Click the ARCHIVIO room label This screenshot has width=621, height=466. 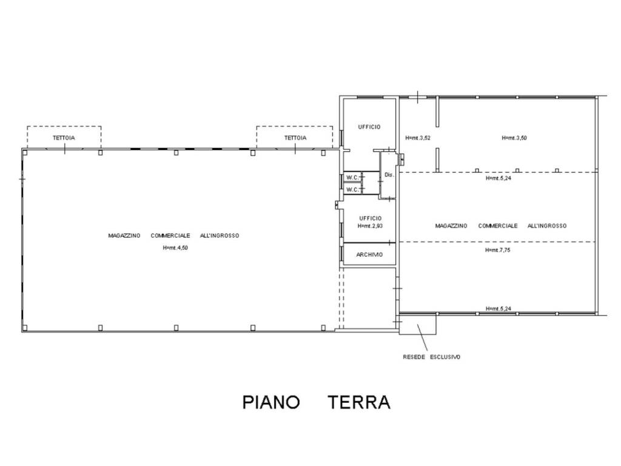point(369,255)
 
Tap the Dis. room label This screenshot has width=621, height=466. point(389,175)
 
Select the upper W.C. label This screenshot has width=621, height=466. point(352,177)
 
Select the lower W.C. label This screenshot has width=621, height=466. point(352,189)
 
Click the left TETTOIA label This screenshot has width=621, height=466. point(64,138)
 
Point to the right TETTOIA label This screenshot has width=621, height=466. point(295,138)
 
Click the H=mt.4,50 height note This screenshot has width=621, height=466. point(175,248)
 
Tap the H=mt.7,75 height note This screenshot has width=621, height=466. point(497,250)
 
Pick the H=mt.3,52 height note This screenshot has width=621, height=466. point(418,138)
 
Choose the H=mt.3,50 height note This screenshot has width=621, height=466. point(514,138)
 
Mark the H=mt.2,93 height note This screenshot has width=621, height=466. point(369,226)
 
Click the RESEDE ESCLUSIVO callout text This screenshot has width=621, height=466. point(432,357)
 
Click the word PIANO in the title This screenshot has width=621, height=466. point(271,402)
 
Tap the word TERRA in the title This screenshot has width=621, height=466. point(359,402)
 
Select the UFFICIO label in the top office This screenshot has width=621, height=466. point(369,127)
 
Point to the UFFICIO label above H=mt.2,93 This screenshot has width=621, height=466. point(371,218)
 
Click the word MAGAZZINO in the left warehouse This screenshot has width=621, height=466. point(124,235)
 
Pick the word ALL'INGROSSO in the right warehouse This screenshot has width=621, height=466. point(547,226)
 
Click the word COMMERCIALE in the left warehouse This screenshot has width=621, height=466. point(170,235)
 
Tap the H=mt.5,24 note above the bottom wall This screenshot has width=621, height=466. point(498,309)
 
